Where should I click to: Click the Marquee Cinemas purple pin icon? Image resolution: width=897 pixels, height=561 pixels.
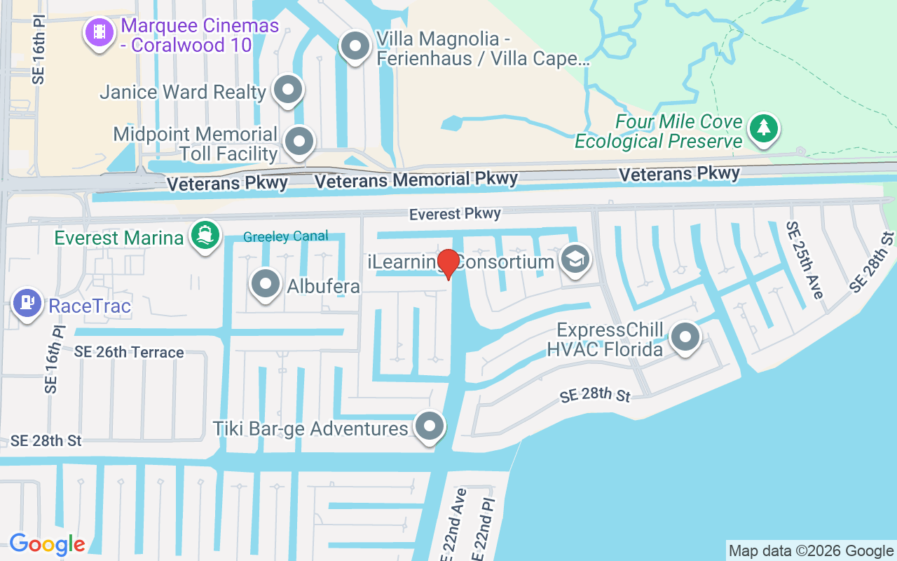100,31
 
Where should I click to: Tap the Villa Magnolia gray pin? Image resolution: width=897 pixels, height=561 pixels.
355,46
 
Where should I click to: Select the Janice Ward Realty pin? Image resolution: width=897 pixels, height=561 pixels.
287,90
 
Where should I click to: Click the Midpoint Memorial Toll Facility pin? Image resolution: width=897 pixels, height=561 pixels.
300,140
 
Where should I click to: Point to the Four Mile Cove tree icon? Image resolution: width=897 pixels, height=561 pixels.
762,128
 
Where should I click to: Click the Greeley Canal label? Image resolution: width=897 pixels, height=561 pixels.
285,236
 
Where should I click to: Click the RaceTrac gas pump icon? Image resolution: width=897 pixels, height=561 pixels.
27,302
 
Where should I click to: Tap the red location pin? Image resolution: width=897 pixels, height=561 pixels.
448,264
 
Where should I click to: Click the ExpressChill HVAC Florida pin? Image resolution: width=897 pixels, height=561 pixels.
685,337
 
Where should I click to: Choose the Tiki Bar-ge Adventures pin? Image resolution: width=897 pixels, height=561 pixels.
430,426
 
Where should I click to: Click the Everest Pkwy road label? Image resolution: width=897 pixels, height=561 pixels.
456,214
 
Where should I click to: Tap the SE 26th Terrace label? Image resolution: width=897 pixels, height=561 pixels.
129,352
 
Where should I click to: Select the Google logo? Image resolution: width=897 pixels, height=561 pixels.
48,544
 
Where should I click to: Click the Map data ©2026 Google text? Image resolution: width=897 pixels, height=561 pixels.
811,550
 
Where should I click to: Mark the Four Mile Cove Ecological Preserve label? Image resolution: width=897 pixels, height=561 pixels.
658,131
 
